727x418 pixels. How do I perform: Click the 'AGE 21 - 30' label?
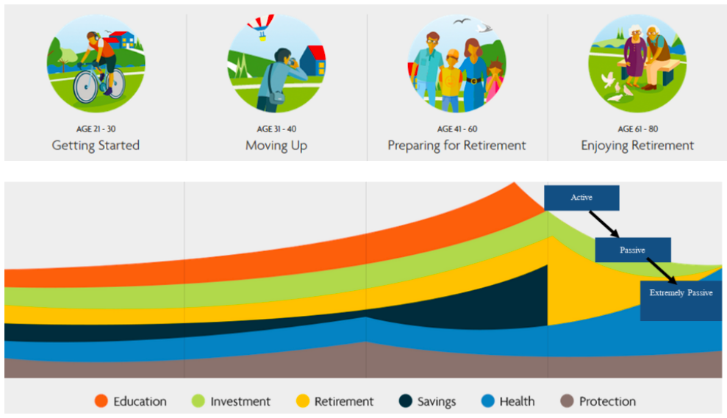pyautogui.click(x=96, y=129)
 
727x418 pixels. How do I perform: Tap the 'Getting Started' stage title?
pyautogui.click(x=96, y=145)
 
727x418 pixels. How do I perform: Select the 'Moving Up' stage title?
pyautogui.click(x=276, y=145)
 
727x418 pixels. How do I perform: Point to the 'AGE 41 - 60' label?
pyautogui.click(x=457, y=129)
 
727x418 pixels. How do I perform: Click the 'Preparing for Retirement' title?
pyautogui.click(x=456, y=145)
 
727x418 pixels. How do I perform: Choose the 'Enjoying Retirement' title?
pyautogui.click(x=637, y=145)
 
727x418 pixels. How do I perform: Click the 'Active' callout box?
pyautogui.click(x=581, y=198)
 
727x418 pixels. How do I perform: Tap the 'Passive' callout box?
pyautogui.click(x=633, y=251)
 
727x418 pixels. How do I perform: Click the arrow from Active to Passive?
pyautogui.click(x=604, y=224)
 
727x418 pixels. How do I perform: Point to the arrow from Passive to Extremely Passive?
pyautogui.click(x=662, y=271)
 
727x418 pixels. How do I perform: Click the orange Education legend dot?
pyautogui.click(x=101, y=401)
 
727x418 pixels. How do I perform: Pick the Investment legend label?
pyautogui.click(x=240, y=401)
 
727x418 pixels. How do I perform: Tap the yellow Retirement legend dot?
pyautogui.click(x=303, y=401)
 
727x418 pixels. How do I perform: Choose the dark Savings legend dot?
pyautogui.click(x=406, y=401)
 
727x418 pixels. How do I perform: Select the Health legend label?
pyautogui.click(x=517, y=401)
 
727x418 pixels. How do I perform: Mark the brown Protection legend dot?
pyautogui.click(x=567, y=401)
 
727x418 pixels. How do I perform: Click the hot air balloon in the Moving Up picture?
pyautogui.click(x=260, y=26)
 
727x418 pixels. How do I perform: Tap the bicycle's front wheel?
pyautogui.click(x=86, y=86)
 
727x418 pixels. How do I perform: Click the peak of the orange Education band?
pyautogui.click(x=514, y=183)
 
